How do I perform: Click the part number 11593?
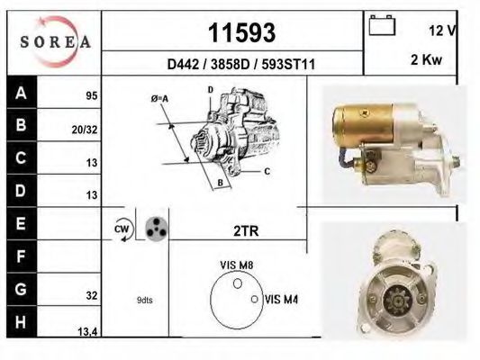[241, 33]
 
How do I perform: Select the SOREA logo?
[54, 40]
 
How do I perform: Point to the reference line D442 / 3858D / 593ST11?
[240, 65]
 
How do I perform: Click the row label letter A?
[22, 93]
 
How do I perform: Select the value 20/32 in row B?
[85, 129]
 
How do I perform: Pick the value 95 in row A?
[91, 94]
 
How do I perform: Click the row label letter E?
[22, 223]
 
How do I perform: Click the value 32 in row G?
[91, 293]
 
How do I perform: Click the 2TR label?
[245, 231]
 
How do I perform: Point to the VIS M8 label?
[236, 265]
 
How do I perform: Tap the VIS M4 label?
[283, 300]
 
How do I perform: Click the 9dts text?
[145, 300]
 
